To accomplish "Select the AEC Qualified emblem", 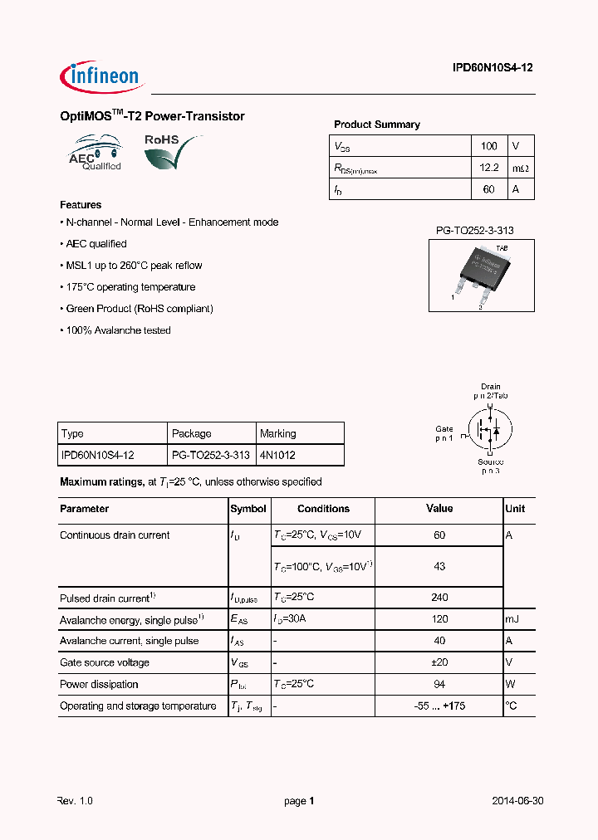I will pos(96,155).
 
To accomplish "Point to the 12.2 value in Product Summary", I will pos(489,168).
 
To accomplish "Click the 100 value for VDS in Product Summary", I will pos(489,146).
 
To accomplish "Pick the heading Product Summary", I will pos(376,125).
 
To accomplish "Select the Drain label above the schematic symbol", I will pos(490,387).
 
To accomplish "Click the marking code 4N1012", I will pos(277,456).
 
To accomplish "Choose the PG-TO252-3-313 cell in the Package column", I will pos(210,456).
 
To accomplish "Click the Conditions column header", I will pos(323,509).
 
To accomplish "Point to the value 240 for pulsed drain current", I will pos(439,598).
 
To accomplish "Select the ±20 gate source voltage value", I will pos(439,662).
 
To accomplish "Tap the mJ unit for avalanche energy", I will pos(512,619).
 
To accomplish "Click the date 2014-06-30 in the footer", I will pos(517,801).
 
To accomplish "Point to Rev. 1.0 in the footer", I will pos(75,801).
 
